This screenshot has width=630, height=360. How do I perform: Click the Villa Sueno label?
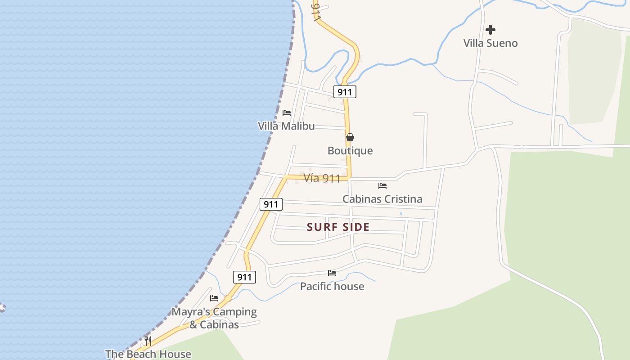(490, 43)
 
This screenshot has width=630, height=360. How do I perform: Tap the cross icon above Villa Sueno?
(490, 30)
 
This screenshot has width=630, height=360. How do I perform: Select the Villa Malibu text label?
(286, 126)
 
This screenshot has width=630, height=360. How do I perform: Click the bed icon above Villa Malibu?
(287, 112)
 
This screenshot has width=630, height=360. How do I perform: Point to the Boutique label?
(350, 151)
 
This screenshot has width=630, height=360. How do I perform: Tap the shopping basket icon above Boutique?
(350, 137)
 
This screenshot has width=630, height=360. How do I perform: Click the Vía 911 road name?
(322, 178)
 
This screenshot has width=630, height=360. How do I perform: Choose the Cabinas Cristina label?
(382, 199)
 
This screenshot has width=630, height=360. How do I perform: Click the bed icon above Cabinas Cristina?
(382, 185)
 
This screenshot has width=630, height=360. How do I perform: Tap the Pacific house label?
(332, 286)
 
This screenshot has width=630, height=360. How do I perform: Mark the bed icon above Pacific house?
(332, 273)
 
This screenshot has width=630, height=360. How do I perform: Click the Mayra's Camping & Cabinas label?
(214, 318)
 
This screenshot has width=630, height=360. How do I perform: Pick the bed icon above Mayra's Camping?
(214, 298)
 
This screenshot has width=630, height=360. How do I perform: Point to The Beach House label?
(148, 354)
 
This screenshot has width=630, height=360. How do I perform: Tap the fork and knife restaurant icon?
(148, 341)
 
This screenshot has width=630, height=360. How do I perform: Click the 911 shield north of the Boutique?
(345, 92)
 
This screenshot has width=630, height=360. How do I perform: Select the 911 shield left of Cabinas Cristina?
(271, 204)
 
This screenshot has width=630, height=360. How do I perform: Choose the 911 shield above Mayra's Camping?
(244, 277)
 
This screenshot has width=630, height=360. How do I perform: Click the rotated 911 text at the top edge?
(317, 11)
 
